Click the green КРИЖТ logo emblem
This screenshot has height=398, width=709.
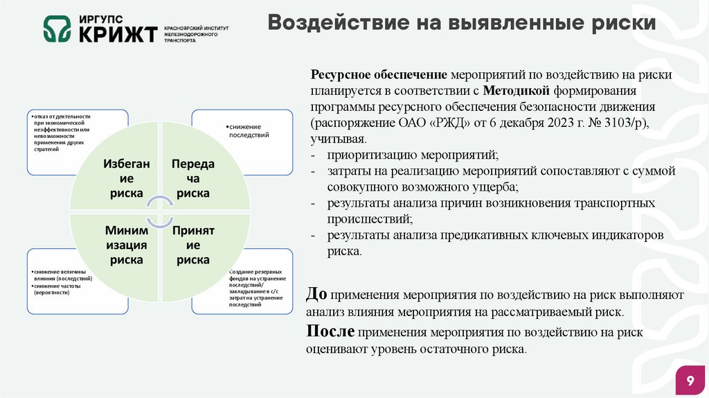point(57,29)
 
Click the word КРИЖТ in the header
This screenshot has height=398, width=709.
point(118,33)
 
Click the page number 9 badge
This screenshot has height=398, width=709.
point(690,381)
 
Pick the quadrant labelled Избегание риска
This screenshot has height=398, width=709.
point(125,178)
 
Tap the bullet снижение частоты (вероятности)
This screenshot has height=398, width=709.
point(56,289)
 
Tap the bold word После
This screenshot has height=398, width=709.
point(331,331)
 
